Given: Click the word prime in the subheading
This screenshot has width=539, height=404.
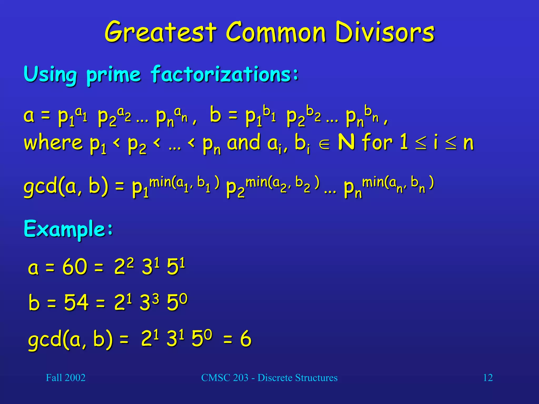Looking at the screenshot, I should pos(113,75).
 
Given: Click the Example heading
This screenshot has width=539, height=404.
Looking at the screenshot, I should pos(68,229).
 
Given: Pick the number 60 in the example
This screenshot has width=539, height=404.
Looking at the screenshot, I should pos(75,267).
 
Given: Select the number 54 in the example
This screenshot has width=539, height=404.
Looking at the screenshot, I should pos(76,302).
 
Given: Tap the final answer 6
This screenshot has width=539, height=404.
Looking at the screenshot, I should pos(246,339).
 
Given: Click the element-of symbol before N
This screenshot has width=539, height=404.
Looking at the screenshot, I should pos(324,144).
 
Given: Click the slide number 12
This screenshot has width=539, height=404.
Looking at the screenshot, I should pos(488,378).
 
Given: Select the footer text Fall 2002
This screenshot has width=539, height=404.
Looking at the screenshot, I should pos(66,378).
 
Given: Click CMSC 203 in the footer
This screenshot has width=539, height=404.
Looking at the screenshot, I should pos(225,378).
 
